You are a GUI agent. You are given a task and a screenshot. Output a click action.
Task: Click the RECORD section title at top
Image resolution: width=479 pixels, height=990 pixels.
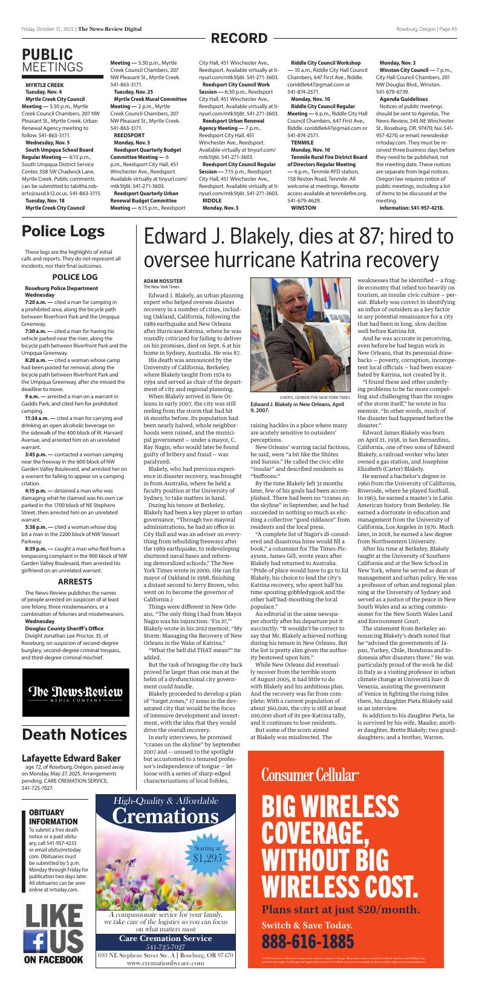tap(239, 39)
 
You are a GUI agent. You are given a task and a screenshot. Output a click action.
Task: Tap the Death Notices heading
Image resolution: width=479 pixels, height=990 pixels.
tap(74, 734)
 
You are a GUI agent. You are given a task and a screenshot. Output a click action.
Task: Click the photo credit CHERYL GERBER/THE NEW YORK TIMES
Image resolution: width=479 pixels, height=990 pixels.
tap(315, 396)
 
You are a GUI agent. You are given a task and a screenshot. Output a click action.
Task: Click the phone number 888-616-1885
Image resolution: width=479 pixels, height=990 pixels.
tap(308, 941)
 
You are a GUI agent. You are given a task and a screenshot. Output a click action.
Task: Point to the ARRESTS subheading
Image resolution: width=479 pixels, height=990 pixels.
tap(74, 581)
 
